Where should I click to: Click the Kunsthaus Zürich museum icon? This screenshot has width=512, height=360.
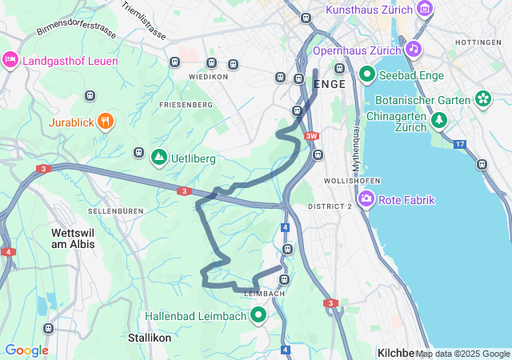(425, 10)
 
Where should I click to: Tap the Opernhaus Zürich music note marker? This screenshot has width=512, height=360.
(413, 49)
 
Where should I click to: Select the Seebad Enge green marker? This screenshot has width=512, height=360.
(367, 74)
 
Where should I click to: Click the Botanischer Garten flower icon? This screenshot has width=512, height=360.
(483, 98)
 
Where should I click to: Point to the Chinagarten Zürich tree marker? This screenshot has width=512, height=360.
(438, 120)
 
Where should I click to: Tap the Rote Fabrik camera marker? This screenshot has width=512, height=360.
(367, 198)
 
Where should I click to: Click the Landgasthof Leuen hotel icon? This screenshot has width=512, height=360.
(10, 60)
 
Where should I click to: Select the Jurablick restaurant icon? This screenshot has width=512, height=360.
(106, 122)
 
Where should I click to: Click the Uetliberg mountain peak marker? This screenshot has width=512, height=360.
(158, 158)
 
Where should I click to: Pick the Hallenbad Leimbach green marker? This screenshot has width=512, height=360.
(258, 316)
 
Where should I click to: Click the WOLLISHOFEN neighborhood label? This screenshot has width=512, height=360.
(346, 182)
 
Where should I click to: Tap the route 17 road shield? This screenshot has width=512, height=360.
(459, 144)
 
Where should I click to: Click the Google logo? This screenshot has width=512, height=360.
(26, 350)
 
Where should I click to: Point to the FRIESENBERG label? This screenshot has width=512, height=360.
(186, 105)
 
